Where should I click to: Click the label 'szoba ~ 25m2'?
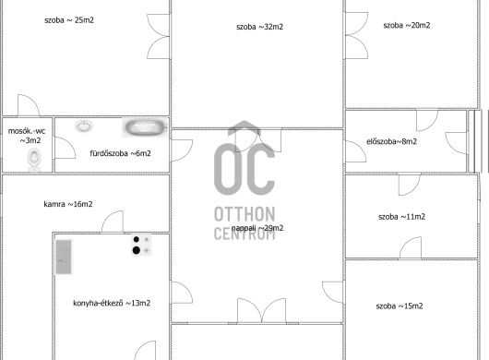69,20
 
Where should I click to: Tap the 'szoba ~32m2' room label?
260,27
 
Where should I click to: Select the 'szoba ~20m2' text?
407,25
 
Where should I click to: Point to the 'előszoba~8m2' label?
392,141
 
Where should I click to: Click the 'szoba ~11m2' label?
401,217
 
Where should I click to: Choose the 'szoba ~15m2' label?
400,306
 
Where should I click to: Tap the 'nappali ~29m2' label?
257,228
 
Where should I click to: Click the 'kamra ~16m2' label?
68,204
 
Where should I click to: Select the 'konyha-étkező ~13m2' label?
112,303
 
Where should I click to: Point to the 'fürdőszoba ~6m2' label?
120,153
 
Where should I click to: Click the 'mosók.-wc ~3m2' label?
27,136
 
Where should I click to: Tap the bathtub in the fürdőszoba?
145,128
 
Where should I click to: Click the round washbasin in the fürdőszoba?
84,126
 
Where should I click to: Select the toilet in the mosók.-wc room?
34,159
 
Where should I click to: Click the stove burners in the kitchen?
141,246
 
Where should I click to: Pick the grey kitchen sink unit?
64,257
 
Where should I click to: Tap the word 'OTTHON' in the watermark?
244,214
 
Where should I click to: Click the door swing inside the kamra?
113,222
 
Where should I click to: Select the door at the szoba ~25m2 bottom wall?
29,105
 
